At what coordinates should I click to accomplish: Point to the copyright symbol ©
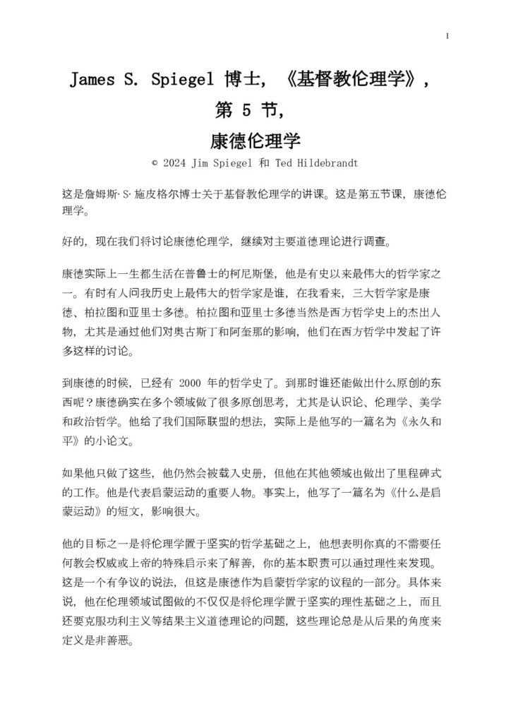pyautogui.click(x=154, y=162)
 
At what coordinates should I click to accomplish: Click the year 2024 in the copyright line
pyautogui.click(x=174, y=162)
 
